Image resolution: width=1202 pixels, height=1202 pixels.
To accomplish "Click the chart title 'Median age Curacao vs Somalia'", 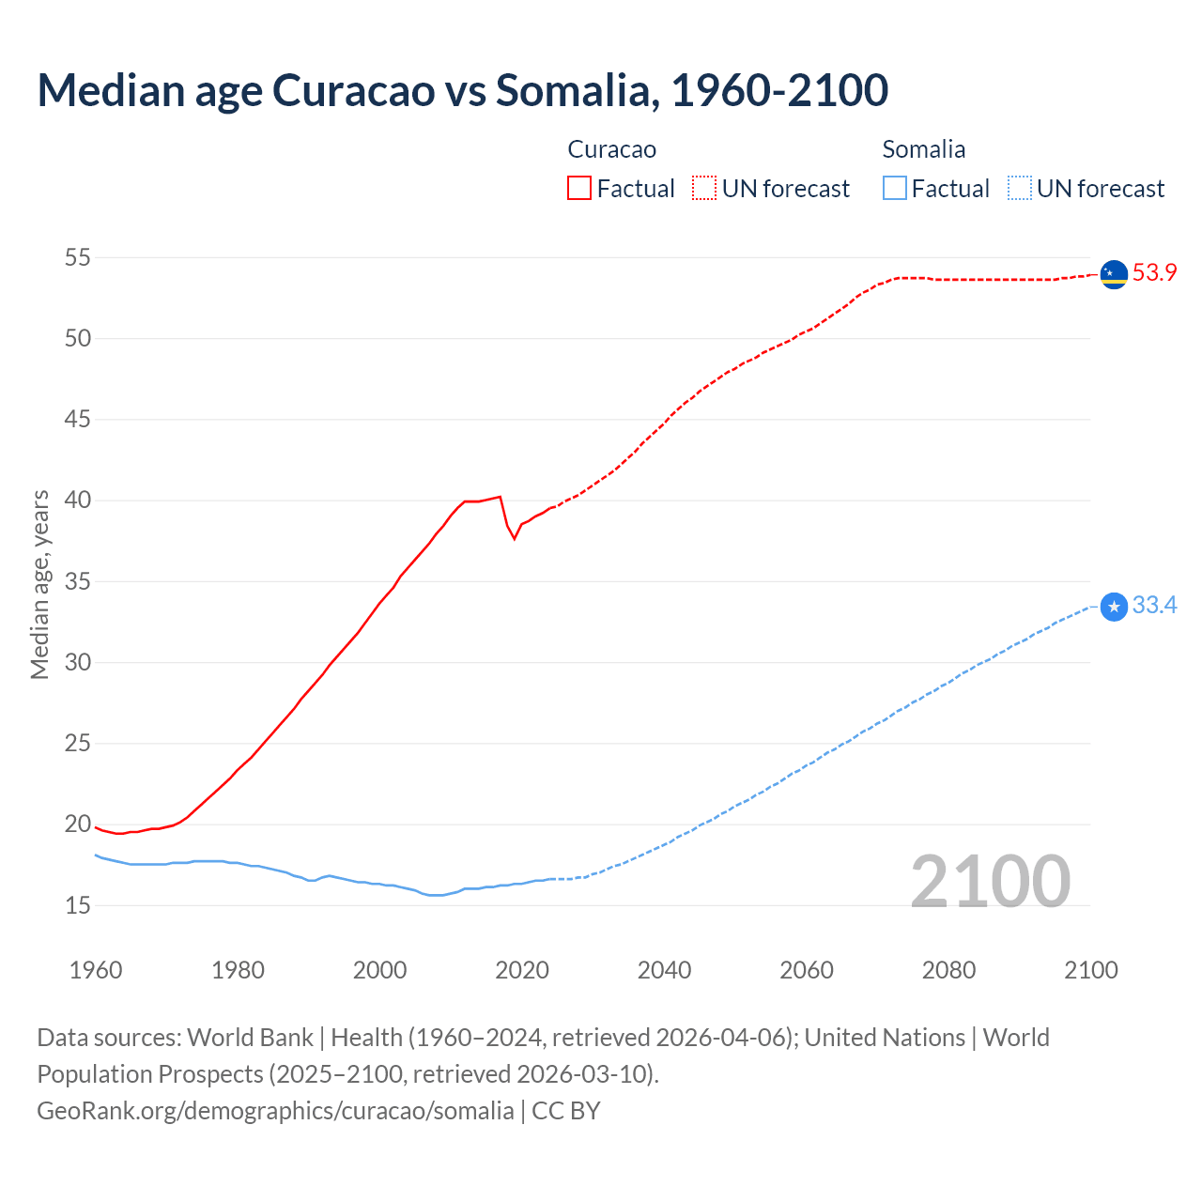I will tap(462, 90).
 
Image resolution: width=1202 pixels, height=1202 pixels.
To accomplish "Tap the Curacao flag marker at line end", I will tap(1114, 274).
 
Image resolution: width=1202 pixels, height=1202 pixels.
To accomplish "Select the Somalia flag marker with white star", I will tap(1114, 608).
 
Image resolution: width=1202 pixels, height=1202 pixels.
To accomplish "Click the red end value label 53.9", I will tap(1154, 273).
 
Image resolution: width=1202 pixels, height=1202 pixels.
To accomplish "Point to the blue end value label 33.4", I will tap(1154, 606).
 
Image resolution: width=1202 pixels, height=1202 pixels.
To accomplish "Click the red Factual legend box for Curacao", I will tap(579, 189).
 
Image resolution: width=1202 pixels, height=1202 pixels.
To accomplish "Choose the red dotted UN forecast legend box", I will tap(704, 189).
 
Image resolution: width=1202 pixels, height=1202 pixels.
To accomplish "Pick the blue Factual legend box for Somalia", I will tap(895, 189).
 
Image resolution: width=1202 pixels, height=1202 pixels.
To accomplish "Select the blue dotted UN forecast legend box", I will tap(1019, 189).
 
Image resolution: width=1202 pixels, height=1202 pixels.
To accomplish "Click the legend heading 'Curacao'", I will tap(611, 149).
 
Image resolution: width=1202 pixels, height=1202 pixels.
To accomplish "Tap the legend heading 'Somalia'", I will tap(923, 149).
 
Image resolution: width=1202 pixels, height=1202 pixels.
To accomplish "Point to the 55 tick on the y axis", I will tap(78, 257).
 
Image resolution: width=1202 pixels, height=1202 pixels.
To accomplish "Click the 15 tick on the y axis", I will tap(78, 905).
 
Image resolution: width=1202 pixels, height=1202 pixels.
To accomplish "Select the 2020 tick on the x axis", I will tap(521, 970).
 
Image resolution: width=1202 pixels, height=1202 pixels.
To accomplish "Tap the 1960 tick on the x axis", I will tap(96, 970).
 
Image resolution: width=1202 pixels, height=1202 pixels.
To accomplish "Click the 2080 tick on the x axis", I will tap(948, 970).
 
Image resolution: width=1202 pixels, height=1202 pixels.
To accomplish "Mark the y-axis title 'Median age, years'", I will tap(39, 584).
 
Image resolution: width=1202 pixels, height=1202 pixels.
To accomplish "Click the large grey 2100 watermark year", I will tap(990, 882).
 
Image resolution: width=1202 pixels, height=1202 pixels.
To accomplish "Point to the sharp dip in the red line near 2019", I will tap(514, 537).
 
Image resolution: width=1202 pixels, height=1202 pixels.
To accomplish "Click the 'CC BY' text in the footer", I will tap(565, 1111).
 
